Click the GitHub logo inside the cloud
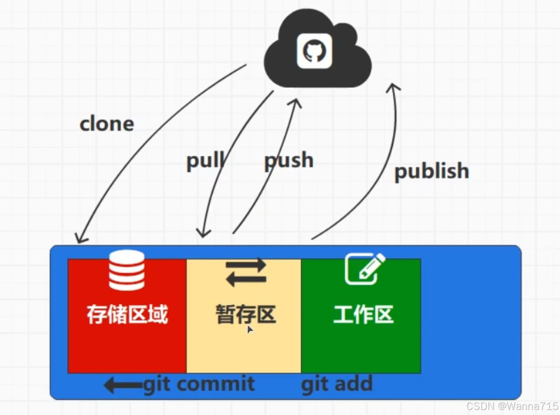coord(314,51)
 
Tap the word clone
coord(107,124)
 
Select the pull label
coord(205,161)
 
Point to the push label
coord(289,160)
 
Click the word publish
coord(432,171)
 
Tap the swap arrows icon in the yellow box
coord(246,272)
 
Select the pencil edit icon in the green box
coord(365,269)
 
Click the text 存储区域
coord(127,314)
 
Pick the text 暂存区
coord(246,314)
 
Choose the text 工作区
coord(364,314)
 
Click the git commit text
coord(199,383)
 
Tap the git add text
coord(337,384)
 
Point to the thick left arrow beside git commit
coord(122,385)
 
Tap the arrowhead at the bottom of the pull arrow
coord(202,234)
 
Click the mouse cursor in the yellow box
coord(250,329)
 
